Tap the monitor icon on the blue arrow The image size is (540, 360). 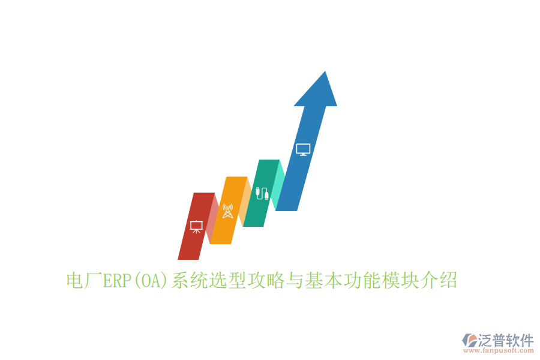click(x=303, y=149)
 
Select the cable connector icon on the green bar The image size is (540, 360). click(x=261, y=193)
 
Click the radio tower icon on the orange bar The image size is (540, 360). click(x=227, y=211)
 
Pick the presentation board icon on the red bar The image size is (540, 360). click(x=196, y=227)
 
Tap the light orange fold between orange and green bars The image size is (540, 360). click(x=245, y=202)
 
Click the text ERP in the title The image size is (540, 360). click(x=118, y=280)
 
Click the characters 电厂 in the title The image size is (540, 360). click(x=85, y=280)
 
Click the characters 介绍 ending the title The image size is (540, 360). click(x=439, y=280)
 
